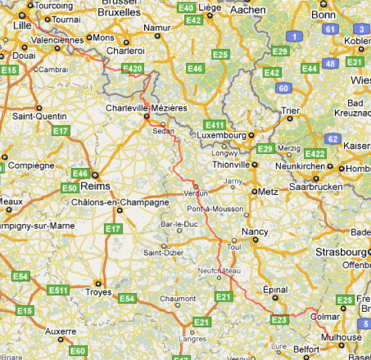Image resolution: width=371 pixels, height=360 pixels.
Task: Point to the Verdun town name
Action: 196,193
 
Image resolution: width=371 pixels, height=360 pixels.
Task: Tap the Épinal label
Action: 276,290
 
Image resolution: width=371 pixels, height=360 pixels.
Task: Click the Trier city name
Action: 290,110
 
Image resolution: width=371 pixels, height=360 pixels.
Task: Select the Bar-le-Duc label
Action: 177,223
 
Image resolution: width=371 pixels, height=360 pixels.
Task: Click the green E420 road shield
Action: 132,68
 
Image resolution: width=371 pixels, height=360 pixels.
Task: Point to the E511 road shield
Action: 59,290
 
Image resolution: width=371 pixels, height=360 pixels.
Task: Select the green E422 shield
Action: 314,154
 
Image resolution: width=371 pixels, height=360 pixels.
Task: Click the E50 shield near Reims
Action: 70,188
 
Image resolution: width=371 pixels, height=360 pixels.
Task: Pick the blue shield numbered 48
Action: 329,64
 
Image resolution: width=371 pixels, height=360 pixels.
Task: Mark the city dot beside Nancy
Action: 234,240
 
